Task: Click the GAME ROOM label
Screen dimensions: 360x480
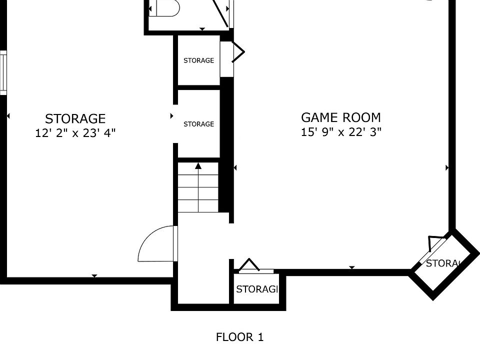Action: [340, 117]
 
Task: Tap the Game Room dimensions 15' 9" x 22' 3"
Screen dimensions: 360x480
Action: [341, 132]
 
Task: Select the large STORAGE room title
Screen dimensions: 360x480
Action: [75, 118]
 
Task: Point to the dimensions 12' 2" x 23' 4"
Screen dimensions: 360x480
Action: [75, 133]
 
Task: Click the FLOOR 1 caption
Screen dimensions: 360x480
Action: [239, 337]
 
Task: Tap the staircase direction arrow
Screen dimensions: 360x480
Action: [198, 166]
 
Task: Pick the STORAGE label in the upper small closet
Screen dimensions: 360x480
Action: [198, 60]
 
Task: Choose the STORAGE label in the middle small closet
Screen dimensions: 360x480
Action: [198, 124]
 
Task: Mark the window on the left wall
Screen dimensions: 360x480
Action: [3, 72]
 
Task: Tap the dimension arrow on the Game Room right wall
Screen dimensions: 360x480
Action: [447, 168]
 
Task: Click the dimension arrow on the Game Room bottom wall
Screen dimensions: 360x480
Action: [351, 268]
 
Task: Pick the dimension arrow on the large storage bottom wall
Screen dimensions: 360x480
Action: [94, 276]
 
